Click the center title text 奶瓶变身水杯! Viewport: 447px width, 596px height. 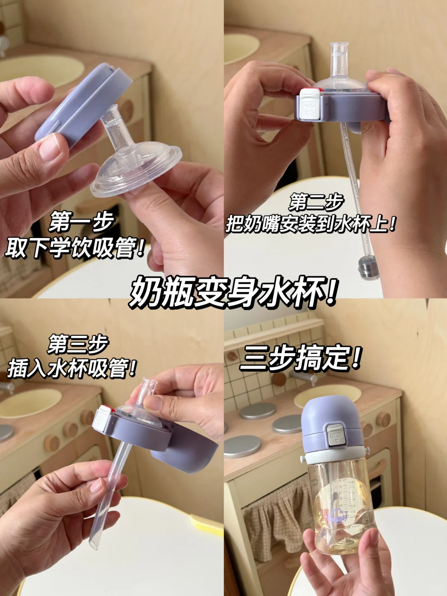point(233,293)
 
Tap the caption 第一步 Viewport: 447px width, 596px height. point(82,222)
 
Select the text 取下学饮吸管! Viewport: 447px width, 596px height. point(74,248)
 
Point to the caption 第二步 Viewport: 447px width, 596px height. point(316,202)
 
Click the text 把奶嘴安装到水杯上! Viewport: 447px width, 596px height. point(310,225)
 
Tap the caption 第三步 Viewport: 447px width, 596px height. point(78,344)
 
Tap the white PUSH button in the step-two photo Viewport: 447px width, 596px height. point(310,105)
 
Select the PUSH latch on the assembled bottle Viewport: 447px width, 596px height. point(336,435)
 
